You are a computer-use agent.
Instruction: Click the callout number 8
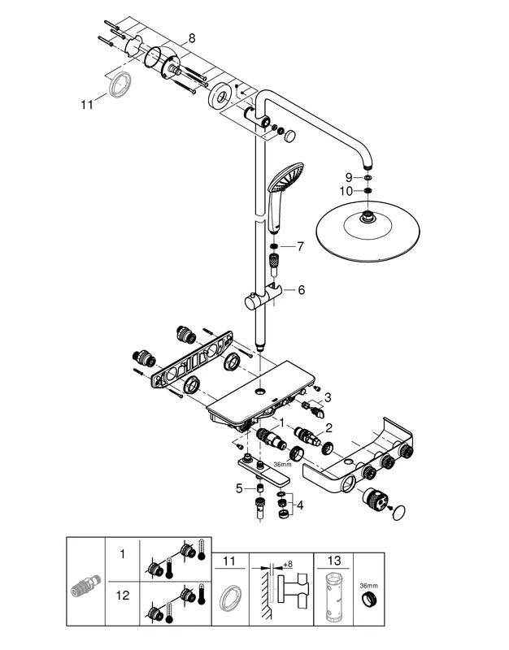click(x=192, y=37)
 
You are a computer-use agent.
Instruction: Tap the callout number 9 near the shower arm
click(x=347, y=176)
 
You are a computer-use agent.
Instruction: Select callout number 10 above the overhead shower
click(x=347, y=192)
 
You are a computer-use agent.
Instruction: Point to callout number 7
click(x=300, y=245)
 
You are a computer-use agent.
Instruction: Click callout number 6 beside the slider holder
click(x=300, y=289)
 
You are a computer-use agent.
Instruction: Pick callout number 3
click(x=328, y=397)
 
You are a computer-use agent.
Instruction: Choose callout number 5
click(x=239, y=487)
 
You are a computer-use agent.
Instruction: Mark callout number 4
click(x=301, y=505)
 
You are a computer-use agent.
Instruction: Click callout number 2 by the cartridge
click(x=328, y=428)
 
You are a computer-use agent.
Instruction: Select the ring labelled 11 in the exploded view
click(x=122, y=84)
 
